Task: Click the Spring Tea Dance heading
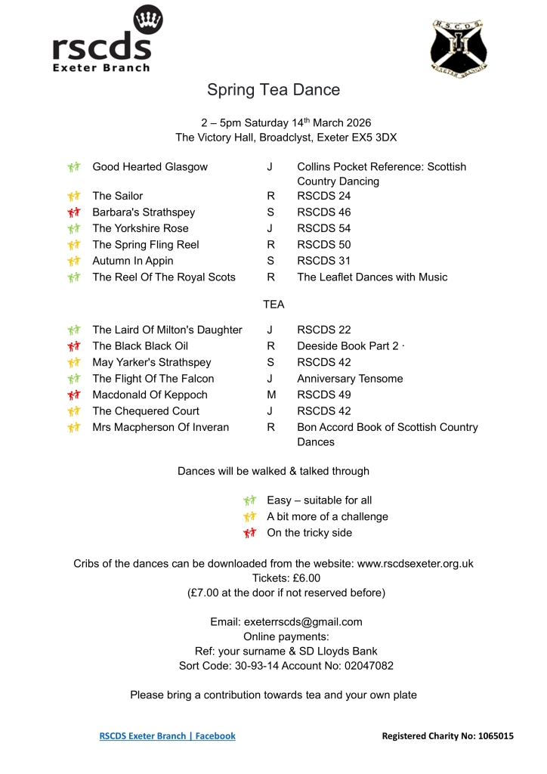pos(273,90)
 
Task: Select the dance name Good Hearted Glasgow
pos(150,167)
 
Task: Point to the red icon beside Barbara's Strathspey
pos(73,212)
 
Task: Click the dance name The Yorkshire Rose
pos(141,228)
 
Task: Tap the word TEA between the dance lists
pos(273,304)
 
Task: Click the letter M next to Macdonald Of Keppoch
pos(271,395)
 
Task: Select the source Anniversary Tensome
pos(350,379)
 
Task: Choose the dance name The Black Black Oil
pos(141,346)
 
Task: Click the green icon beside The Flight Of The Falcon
pos(73,379)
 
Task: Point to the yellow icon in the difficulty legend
pos(250,517)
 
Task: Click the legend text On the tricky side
pos(309,533)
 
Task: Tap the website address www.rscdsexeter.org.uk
pos(415,563)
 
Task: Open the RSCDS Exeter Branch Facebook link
pos(167,735)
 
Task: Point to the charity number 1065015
pos(496,735)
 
